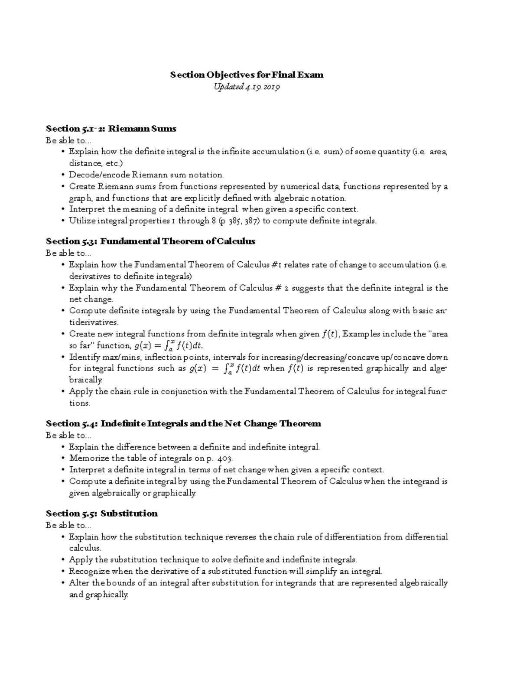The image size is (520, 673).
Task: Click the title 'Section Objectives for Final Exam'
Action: tap(247, 75)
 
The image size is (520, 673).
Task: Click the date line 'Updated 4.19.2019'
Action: tap(247, 87)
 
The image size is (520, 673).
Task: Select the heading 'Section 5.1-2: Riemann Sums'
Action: tap(111, 129)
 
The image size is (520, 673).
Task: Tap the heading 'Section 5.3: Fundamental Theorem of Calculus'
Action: tap(150, 241)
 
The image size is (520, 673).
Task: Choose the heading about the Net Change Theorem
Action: tap(183, 424)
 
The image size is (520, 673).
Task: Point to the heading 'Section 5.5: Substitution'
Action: tap(102, 514)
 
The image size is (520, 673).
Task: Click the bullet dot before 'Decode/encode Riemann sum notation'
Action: tap(63, 175)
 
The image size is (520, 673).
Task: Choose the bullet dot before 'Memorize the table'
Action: tap(63, 458)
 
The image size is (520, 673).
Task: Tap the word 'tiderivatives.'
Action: tap(93, 323)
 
